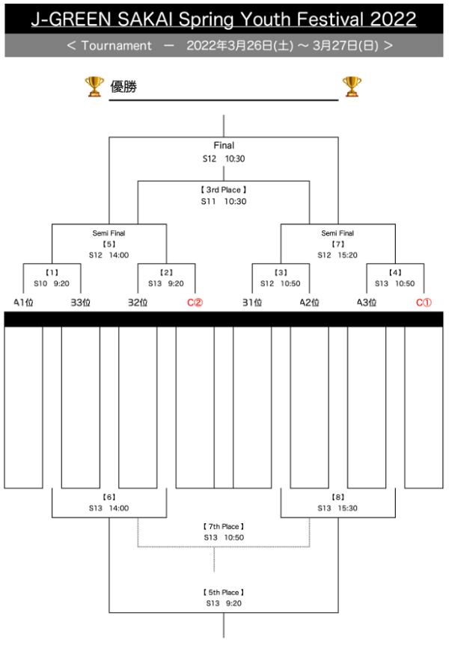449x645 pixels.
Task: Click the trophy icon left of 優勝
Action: tap(94, 87)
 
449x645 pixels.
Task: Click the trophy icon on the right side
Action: tap(352, 87)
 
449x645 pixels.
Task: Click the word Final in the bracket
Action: tap(224, 146)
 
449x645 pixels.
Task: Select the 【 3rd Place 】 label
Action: tap(224, 190)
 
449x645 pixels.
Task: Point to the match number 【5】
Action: tap(109, 244)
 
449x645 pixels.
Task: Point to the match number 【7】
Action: tap(337, 244)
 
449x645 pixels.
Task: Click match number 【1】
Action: tap(51, 272)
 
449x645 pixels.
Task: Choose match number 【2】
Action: tap(166, 272)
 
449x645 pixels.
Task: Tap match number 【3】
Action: tap(281, 272)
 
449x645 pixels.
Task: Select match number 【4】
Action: tap(395, 272)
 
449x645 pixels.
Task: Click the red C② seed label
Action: tap(195, 303)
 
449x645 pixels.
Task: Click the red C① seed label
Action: tap(424, 303)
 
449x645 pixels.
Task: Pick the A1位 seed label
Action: tap(23, 303)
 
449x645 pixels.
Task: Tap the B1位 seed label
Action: tap(252, 303)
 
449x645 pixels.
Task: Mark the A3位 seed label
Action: tap(367, 303)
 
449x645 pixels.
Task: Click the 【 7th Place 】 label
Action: tap(224, 527)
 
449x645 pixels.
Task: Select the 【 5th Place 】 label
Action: tap(224, 593)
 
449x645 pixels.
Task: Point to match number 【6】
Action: tap(109, 497)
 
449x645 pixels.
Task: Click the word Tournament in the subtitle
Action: tap(116, 46)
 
